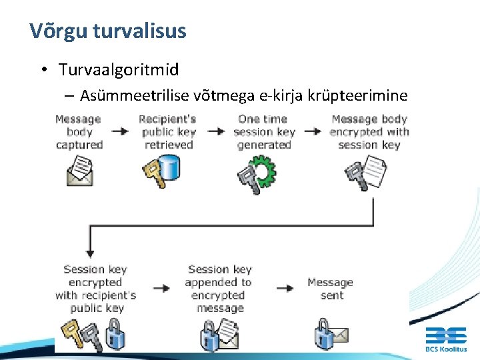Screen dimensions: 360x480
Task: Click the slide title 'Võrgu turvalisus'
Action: (x=108, y=31)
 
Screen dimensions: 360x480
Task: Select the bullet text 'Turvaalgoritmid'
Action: (x=119, y=70)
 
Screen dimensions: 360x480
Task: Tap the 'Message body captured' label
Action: (x=79, y=131)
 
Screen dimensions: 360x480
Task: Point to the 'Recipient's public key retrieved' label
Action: (x=167, y=131)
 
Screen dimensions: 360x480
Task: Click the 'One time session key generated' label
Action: (x=264, y=131)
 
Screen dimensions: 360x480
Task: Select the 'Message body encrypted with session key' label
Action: (x=369, y=131)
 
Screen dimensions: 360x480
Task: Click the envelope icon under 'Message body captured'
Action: (x=80, y=171)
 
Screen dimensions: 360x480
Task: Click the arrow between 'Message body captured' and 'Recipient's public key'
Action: (x=120, y=131)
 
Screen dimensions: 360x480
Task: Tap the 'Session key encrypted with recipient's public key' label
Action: (x=95, y=288)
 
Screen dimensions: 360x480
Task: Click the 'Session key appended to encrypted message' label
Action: (x=219, y=288)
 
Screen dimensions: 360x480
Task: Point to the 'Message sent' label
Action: (x=331, y=288)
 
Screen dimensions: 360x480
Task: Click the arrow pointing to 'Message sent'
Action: (x=285, y=288)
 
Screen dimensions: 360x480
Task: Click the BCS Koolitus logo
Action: (x=446, y=338)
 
